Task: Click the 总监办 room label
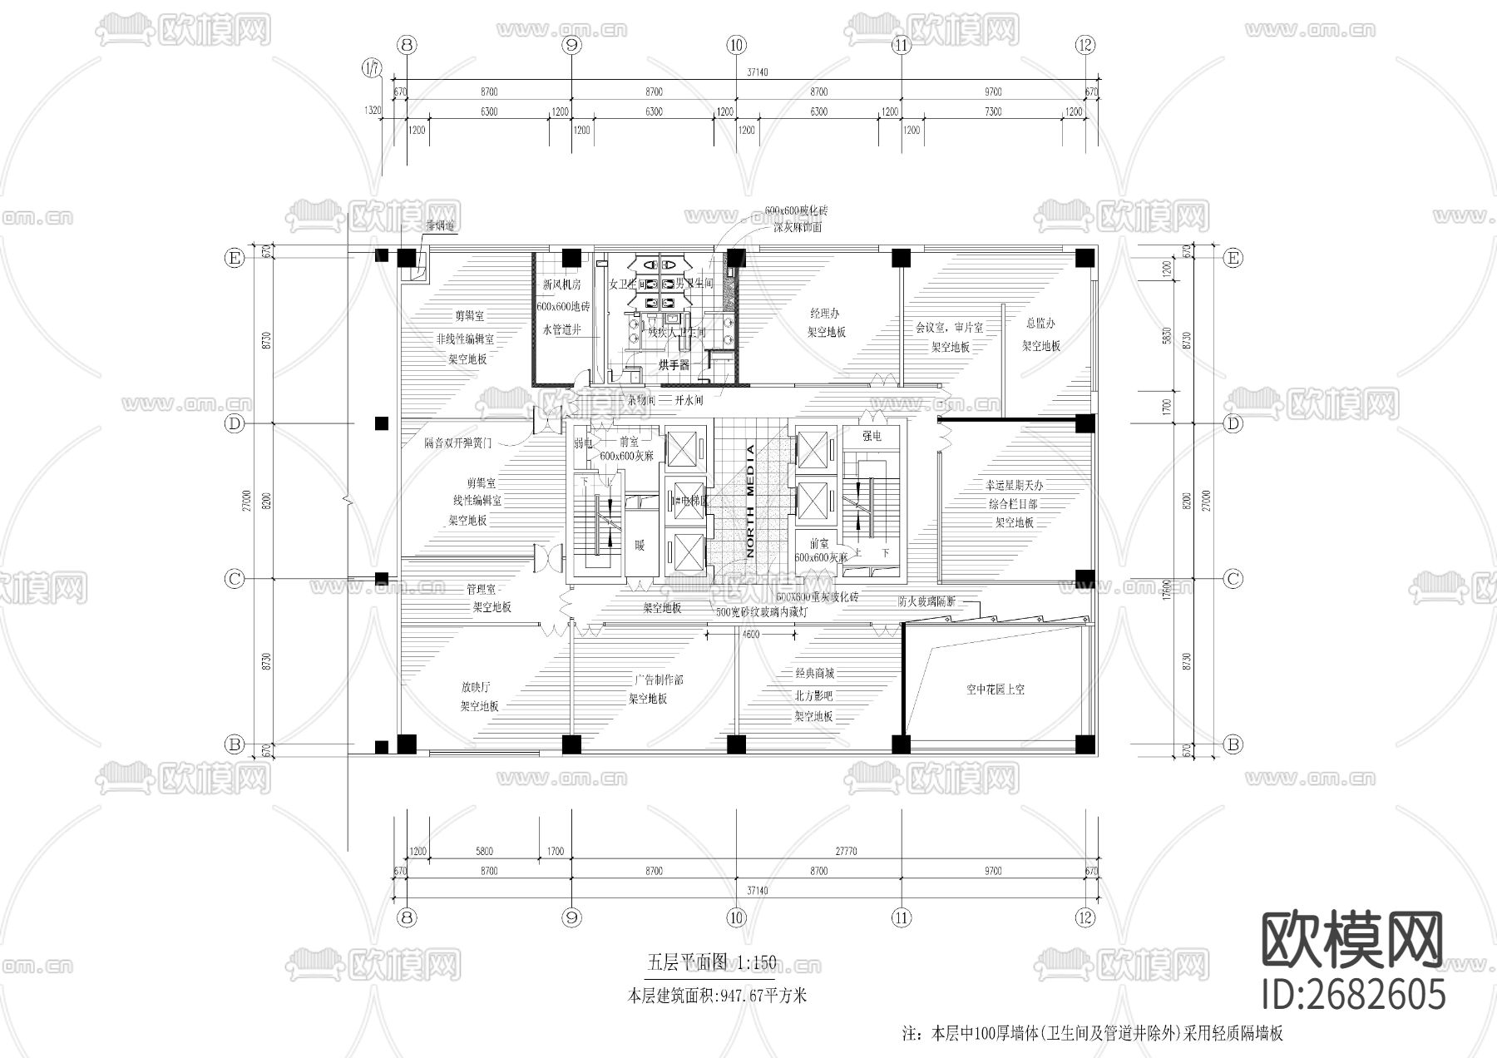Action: click(x=1040, y=324)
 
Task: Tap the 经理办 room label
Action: click(x=825, y=314)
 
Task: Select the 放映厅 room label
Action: click(x=477, y=687)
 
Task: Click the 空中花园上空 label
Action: click(x=995, y=690)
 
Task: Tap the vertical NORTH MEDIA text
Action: click(x=750, y=501)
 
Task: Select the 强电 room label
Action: click(x=871, y=436)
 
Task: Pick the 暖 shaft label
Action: click(x=640, y=546)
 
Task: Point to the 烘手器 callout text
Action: click(x=674, y=364)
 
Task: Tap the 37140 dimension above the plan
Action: click(x=757, y=72)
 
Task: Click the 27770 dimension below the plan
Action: click(x=845, y=851)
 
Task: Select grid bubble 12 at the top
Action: click(x=1084, y=45)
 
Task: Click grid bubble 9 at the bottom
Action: click(x=571, y=917)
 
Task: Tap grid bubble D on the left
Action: click(x=235, y=424)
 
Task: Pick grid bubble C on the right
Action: click(x=1233, y=578)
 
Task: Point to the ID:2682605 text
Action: click(x=1353, y=995)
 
